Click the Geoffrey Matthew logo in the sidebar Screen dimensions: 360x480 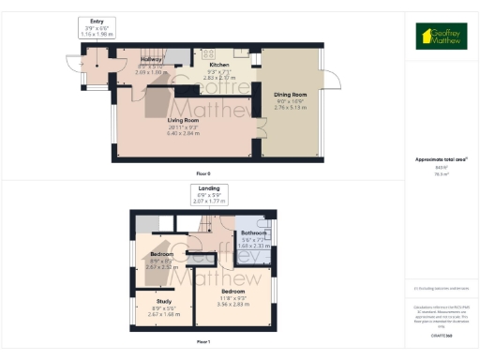point(442,36)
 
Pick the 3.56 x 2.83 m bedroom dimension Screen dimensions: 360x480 point(235,304)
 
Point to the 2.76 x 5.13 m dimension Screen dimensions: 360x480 point(292,108)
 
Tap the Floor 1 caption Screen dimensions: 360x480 point(203,341)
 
